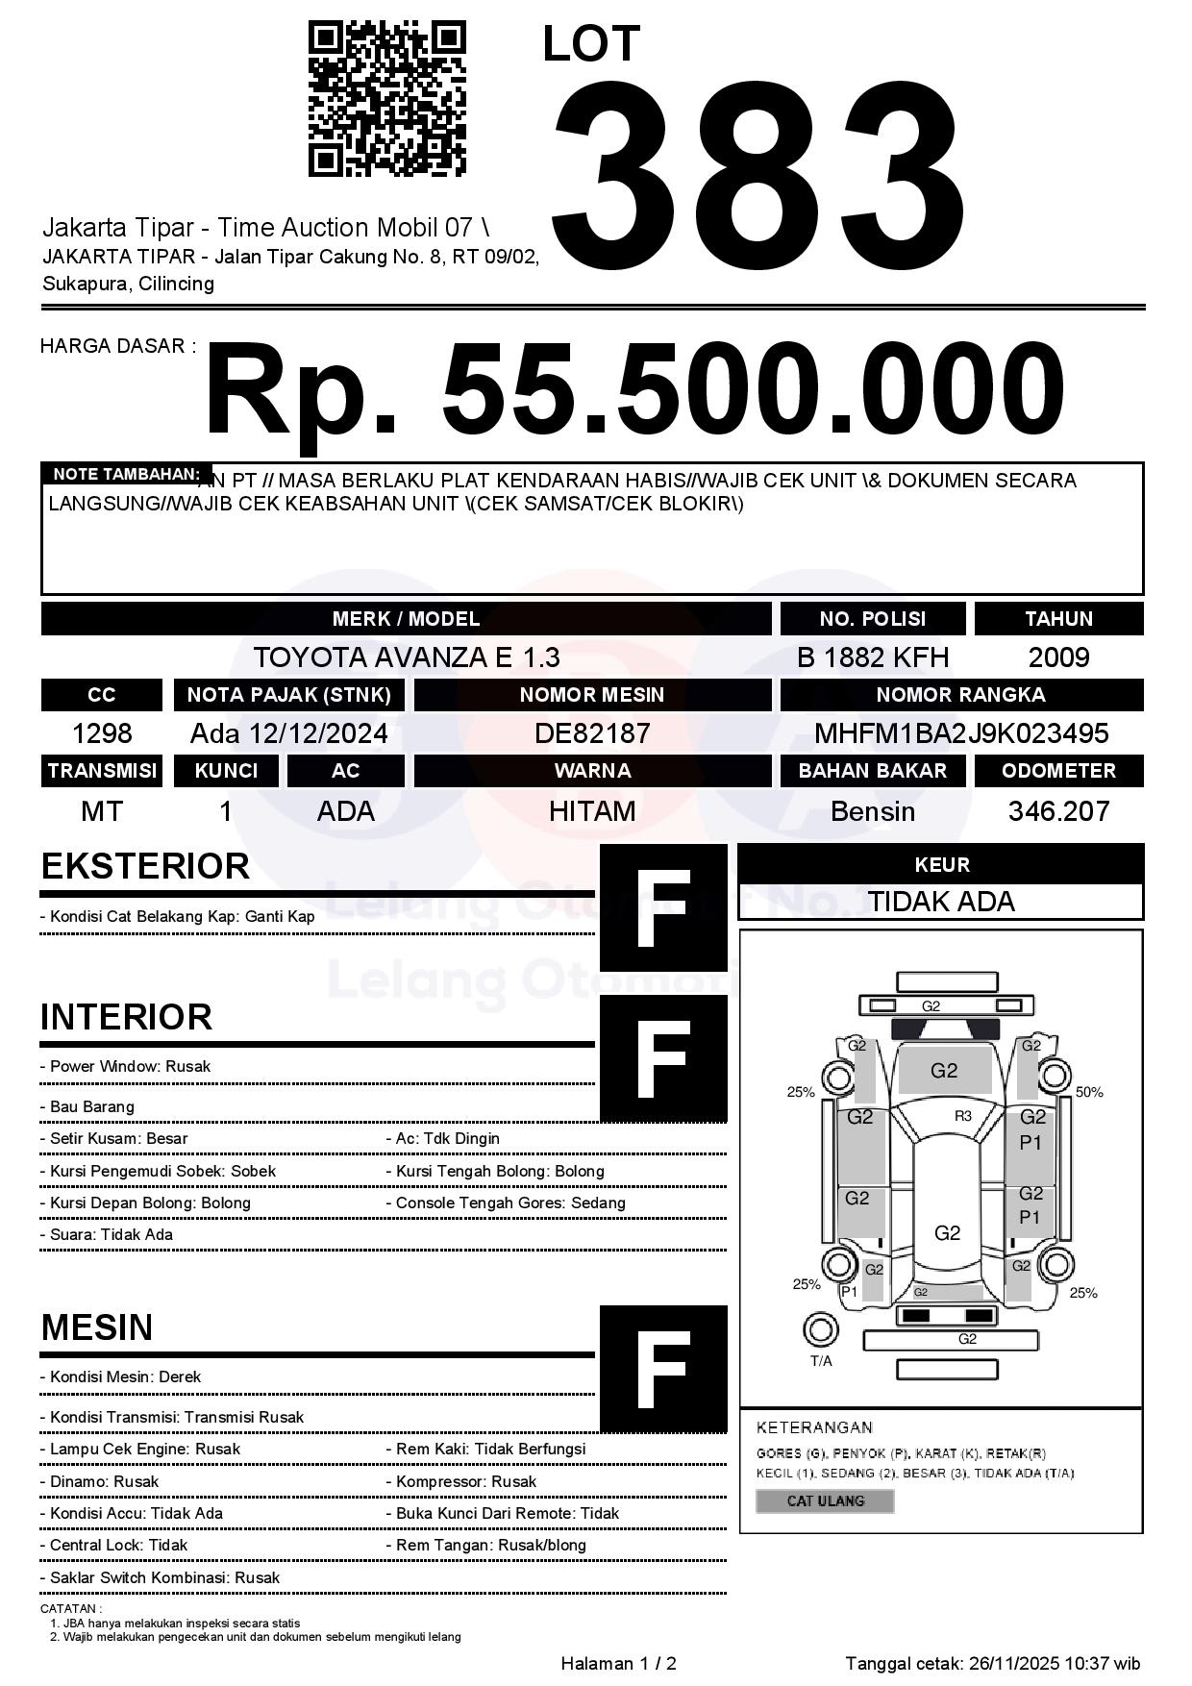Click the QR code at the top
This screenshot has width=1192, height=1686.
386,98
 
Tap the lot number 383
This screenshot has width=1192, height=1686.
758,173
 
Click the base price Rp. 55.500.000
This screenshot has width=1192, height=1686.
634,390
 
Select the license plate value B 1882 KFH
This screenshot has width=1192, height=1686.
873,657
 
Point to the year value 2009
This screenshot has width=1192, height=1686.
1058,657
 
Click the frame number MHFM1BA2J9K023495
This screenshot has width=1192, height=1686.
961,733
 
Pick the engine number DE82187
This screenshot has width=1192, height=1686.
592,733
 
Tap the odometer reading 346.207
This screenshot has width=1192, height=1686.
1058,811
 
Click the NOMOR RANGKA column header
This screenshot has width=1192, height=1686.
961,695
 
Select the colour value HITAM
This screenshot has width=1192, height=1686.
592,811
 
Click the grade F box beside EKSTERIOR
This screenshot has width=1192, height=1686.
663,907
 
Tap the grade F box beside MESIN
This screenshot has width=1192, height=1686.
663,1368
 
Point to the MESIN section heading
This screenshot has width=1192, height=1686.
97,1327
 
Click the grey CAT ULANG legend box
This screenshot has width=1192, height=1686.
825,1501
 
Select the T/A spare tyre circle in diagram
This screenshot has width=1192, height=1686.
820,1330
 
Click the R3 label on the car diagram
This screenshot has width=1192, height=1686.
963,1116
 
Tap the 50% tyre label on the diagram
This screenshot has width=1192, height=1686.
1089,1092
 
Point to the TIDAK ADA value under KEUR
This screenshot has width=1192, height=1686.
941,902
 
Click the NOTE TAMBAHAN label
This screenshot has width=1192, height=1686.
126,474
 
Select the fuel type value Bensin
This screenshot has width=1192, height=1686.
873,811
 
